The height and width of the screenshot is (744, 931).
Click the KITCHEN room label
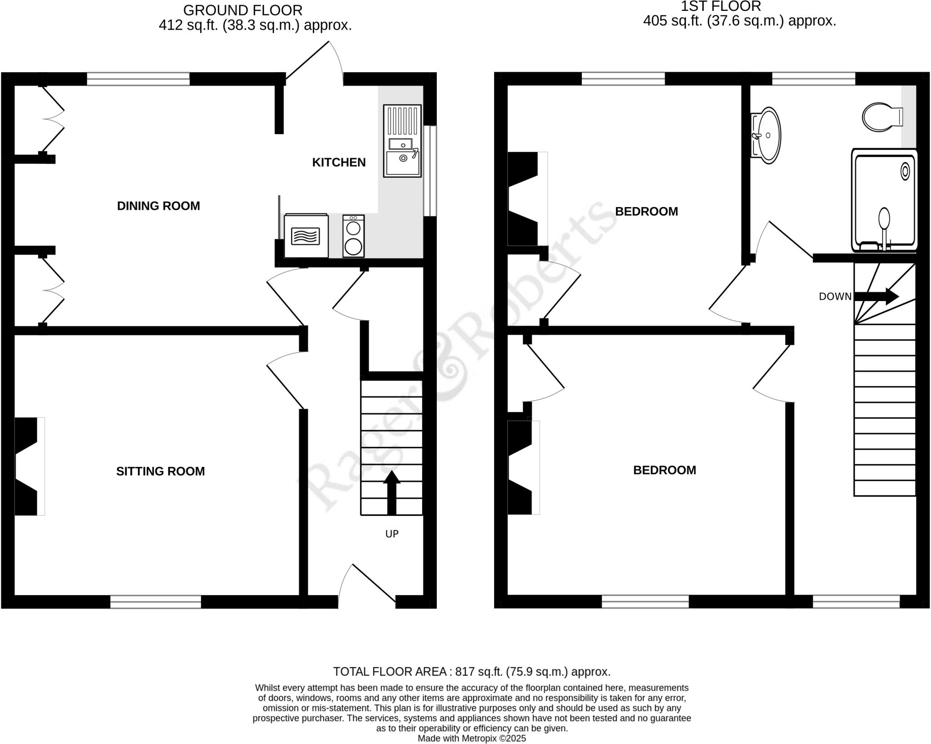coord(339,163)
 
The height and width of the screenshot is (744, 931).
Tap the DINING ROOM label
coord(158,206)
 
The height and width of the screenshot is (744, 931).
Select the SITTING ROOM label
coord(160,471)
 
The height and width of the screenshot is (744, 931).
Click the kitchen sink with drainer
coord(402,141)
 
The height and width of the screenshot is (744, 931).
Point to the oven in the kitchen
coord(306,236)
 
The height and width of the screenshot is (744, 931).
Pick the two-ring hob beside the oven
coord(353,236)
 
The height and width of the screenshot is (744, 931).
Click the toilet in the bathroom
coord(881,117)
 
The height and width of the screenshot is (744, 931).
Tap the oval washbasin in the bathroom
coord(767,135)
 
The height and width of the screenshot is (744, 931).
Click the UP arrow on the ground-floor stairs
coord(392,492)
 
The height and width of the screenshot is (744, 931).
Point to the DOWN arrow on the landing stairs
coord(876,297)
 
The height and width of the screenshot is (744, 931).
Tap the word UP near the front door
coord(392,534)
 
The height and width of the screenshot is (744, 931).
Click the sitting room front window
coord(155,602)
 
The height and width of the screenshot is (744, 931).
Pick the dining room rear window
coord(138,79)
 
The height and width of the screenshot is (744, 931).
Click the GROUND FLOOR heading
coord(243,10)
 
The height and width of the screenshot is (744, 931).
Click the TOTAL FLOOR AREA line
coord(471,671)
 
